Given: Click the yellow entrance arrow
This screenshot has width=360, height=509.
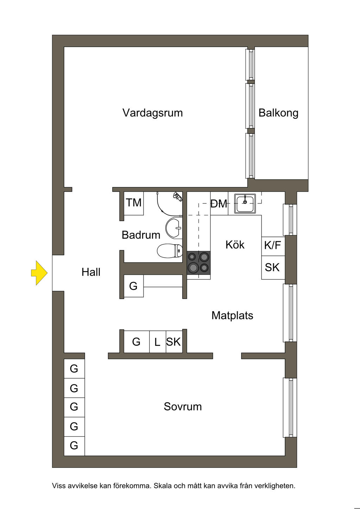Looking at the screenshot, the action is pyautogui.click(x=39, y=273).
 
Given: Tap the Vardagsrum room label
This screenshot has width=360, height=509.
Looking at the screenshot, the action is pyautogui.click(x=153, y=113).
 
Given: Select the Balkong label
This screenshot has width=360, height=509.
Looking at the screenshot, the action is pyautogui.click(x=278, y=113).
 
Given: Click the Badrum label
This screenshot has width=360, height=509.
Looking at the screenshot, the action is pyautogui.click(x=141, y=235).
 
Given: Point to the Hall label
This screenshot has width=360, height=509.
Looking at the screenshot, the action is pyautogui.click(x=91, y=272).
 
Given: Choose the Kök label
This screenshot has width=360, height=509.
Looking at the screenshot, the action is pyautogui.click(x=235, y=245).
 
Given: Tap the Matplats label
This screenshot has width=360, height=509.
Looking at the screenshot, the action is pyautogui.click(x=232, y=315).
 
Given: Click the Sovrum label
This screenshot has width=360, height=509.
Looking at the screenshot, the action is pyautogui.click(x=183, y=406).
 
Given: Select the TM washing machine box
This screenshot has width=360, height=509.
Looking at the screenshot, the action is pyautogui.click(x=134, y=204).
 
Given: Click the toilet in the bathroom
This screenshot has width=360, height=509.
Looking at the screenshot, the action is pyautogui.click(x=170, y=251).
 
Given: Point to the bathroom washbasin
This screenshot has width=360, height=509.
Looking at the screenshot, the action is pyautogui.click(x=174, y=228).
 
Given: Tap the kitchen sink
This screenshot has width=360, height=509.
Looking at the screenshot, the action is pyautogui.click(x=245, y=204).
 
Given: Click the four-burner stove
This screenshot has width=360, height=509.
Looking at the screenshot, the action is pyautogui.click(x=199, y=263).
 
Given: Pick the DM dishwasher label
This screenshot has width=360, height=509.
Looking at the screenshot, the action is pyautogui.click(x=219, y=204).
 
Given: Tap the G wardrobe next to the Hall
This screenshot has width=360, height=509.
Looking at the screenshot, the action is pyautogui.click(x=134, y=286).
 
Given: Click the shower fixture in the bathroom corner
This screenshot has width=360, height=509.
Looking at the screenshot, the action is pyautogui.click(x=178, y=196).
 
